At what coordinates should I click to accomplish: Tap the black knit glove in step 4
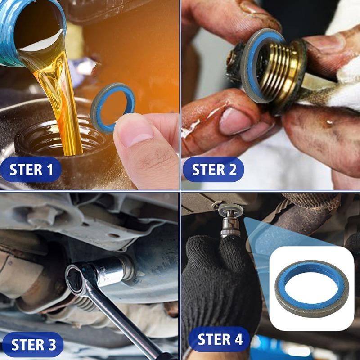tap(216, 279)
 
